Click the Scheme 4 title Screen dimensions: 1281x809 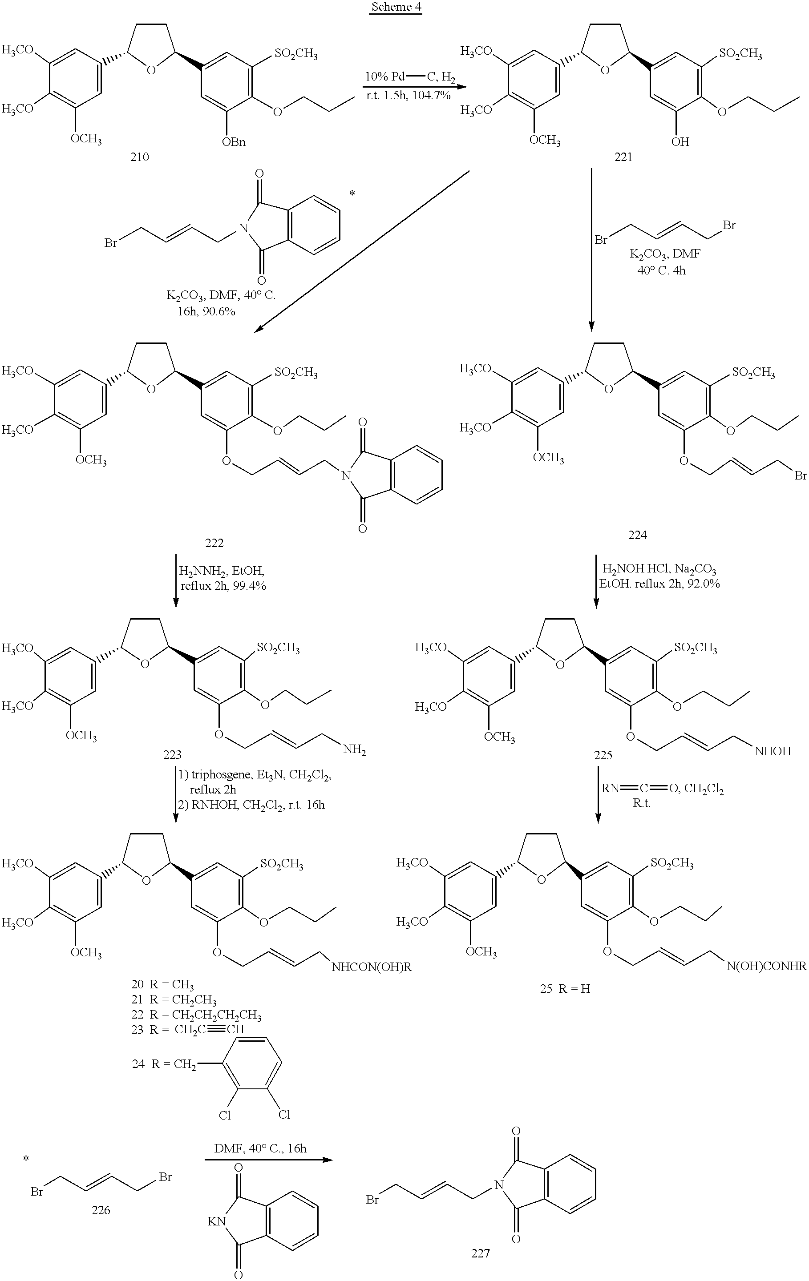[x=396, y=7]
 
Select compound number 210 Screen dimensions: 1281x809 [x=139, y=157]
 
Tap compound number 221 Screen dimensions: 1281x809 [x=623, y=157]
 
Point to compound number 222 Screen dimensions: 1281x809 [x=214, y=543]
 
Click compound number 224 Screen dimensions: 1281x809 [x=637, y=535]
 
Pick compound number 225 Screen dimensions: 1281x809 [x=603, y=755]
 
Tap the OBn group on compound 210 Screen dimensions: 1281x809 [x=234, y=142]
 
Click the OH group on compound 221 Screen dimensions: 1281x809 [x=680, y=142]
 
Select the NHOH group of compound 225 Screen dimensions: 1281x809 [x=773, y=751]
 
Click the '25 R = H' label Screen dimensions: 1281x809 [x=565, y=989]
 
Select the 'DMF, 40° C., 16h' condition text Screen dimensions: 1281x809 [x=260, y=1148]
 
